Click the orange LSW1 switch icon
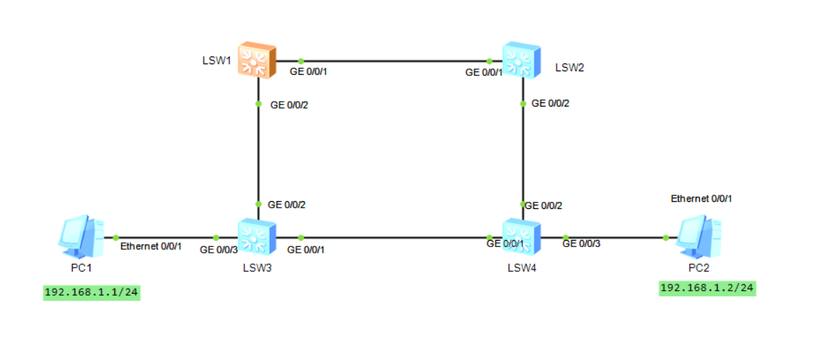(256, 60)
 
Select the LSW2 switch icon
(521, 60)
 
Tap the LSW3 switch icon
(256, 236)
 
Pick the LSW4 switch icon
(521, 236)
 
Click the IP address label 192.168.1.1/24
(92, 292)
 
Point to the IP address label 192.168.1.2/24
(708, 287)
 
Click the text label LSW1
(217, 60)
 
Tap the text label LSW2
(569, 68)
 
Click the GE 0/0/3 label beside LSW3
(219, 249)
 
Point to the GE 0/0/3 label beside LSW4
(581, 244)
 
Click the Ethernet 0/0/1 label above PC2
(701, 198)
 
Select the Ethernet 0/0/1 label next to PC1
(151, 246)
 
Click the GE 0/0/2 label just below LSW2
(550, 103)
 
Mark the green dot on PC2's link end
(665, 238)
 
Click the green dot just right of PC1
(115, 238)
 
